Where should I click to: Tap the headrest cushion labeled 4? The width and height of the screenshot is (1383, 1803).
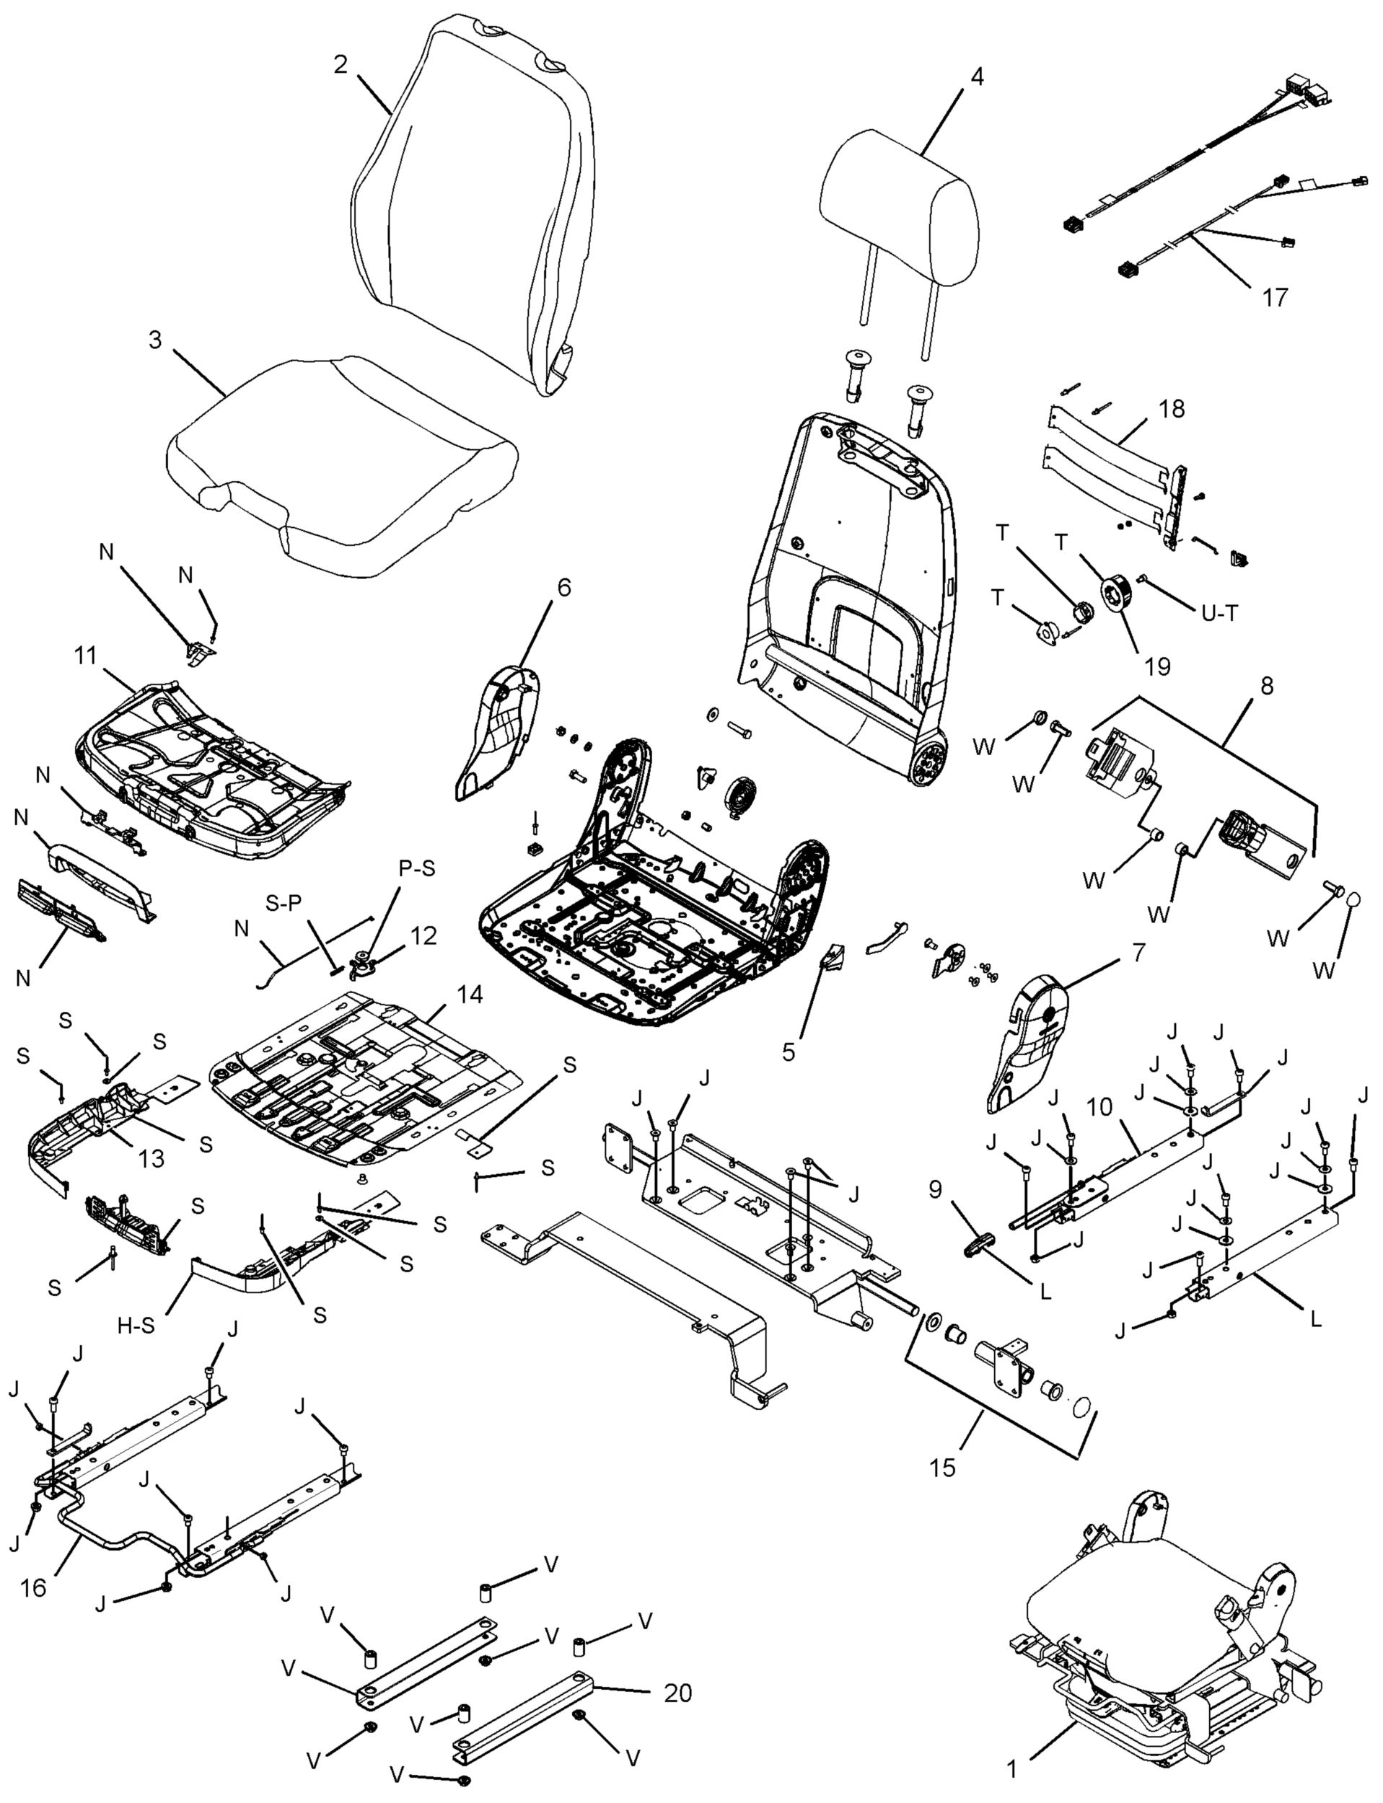click(x=900, y=208)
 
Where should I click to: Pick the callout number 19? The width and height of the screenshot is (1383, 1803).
click(x=1156, y=666)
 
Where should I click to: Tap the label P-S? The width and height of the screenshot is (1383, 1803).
click(x=416, y=868)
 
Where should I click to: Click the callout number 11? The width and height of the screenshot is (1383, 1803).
click(x=85, y=656)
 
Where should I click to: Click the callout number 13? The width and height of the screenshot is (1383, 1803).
click(x=152, y=1158)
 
